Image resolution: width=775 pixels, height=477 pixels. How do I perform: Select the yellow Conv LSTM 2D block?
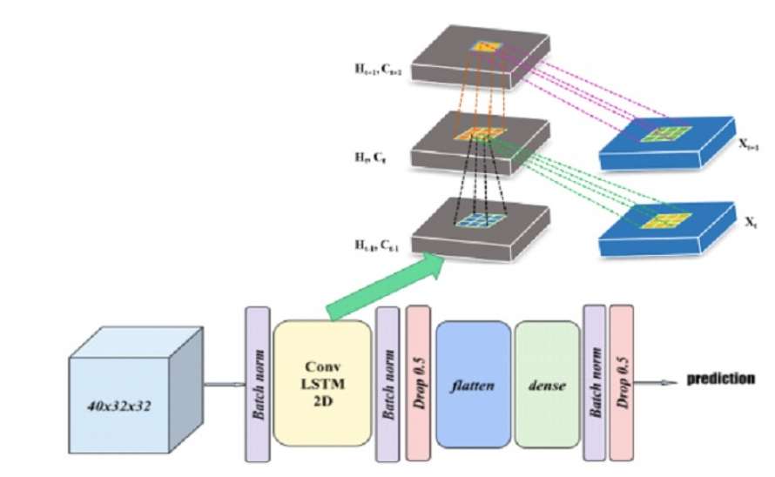tap(323, 382)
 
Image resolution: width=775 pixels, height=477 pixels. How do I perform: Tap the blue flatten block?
tap(473, 384)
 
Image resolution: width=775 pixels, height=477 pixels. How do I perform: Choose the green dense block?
tap(547, 384)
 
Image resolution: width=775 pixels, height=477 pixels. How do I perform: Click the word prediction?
tap(720, 379)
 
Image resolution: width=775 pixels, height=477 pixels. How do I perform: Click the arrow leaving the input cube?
tap(224, 385)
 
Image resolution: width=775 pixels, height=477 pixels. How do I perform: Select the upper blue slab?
tap(662, 139)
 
